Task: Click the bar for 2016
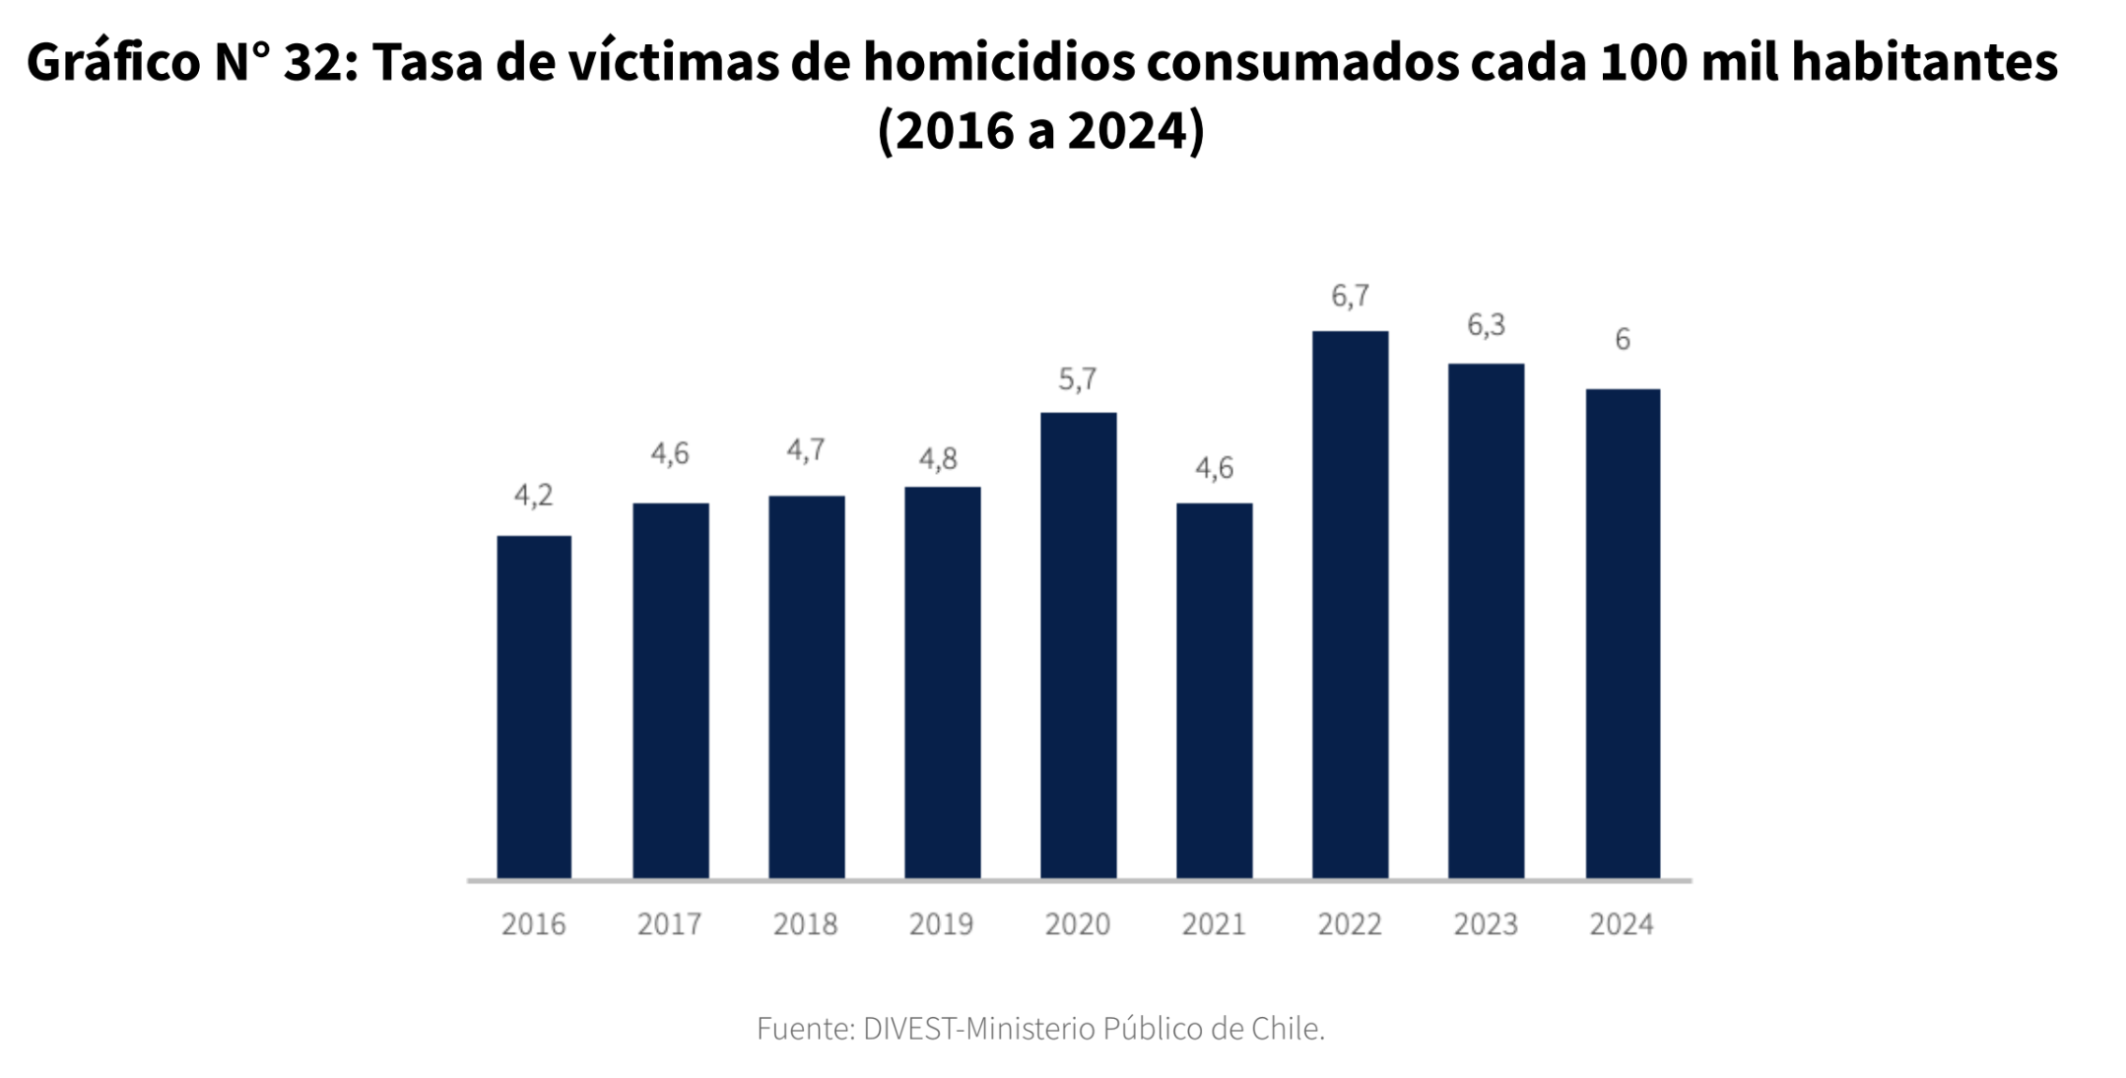[x=533, y=707]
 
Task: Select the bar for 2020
[x=1078, y=645]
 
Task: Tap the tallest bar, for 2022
[x=1350, y=604]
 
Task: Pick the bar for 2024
[x=1622, y=634]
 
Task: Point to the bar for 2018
[x=806, y=687]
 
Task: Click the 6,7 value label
[x=1350, y=296]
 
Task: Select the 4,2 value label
[x=533, y=496]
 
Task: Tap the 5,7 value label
[x=1077, y=379]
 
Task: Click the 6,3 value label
[x=1486, y=325]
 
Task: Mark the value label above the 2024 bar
[x=1622, y=340]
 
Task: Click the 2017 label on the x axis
[x=669, y=924]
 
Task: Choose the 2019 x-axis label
[x=941, y=924]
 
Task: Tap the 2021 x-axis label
[x=1214, y=924]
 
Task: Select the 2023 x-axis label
[x=1486, y=924]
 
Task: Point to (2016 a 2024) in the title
[x=1040, y=131]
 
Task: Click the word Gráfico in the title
[x=113, y=62]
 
